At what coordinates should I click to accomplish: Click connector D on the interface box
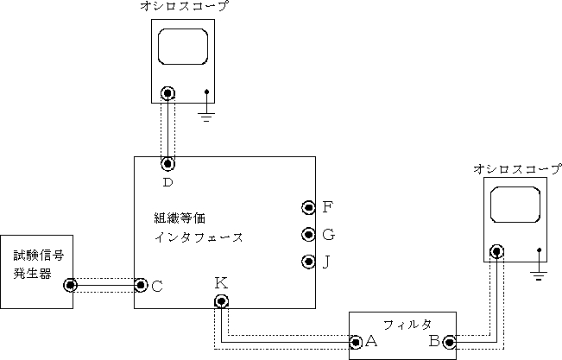click(168, 162)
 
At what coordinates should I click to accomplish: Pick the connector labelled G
click(308, 234)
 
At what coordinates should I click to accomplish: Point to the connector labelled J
click(308, 262)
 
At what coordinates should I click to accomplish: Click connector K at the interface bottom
click(222, 300)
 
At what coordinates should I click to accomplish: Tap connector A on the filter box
click(356, 342)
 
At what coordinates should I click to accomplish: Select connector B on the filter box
click(448, 342)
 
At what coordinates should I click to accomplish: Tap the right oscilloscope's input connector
click(496, 252)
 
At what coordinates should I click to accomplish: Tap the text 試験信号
click(38, 256)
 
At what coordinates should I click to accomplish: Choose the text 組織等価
click(180, 217)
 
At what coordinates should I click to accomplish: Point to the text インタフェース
click(198, 236)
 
